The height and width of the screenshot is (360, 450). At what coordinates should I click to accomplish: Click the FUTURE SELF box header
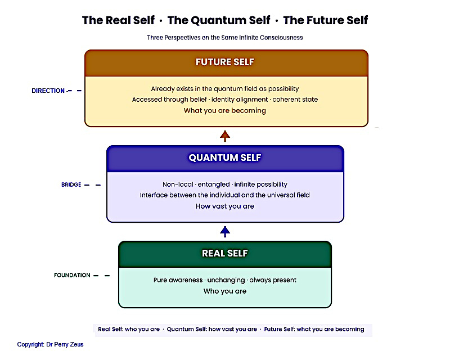click(225, 62)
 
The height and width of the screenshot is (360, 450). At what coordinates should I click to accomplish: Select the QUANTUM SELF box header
click(225, 158)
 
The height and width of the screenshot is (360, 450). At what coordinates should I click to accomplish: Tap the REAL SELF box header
click(225, 254)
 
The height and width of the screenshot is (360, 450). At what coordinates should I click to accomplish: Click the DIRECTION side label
click(48, 91)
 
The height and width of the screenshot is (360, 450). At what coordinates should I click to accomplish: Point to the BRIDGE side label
click(71, 184)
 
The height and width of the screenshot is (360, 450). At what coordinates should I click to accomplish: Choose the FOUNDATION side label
click(72, 276)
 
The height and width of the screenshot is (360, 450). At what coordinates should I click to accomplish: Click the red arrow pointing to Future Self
click(225, 136)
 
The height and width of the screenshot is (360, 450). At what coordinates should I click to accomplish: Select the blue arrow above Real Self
click(225, 231)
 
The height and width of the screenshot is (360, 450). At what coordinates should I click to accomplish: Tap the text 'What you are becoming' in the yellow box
click(225, 111)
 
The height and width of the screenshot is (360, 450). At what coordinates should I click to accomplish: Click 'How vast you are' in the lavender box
click(225, 206)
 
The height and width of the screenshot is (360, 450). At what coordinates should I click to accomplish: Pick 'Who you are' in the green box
click(225, 291)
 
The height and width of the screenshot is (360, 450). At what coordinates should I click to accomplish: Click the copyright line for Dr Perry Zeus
click(50, 344)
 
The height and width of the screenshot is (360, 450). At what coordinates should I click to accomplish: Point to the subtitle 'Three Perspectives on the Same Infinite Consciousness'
click(225, 38)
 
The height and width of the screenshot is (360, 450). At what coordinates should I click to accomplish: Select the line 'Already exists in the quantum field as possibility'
click(225, 89)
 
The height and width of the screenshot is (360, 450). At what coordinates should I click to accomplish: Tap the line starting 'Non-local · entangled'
click(225, 184)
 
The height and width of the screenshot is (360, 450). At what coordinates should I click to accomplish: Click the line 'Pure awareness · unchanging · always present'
click(225, 280)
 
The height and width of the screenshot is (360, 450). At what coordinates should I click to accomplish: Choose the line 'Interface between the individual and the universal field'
click(225, 195)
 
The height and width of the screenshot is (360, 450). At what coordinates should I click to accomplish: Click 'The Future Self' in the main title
click(326, 21)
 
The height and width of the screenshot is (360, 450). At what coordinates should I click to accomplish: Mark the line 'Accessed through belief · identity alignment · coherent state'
click(225, 100)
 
